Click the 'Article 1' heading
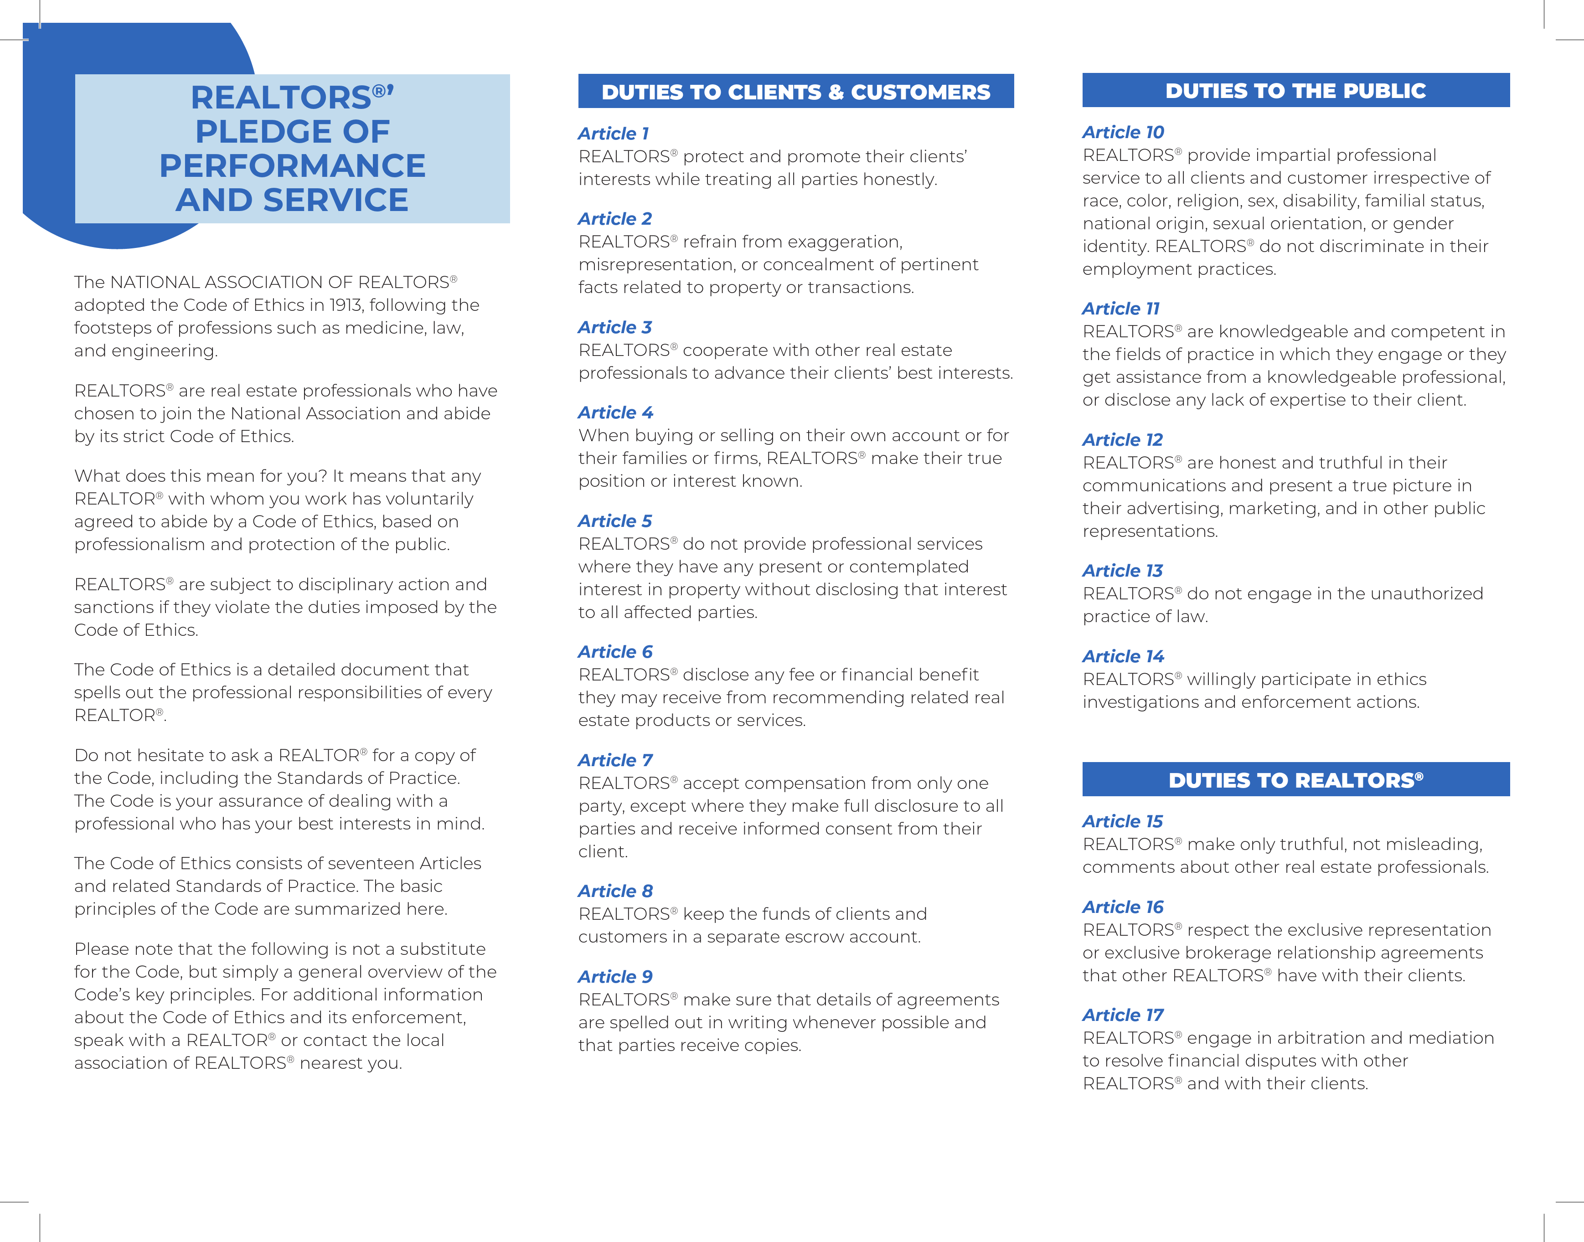click(613, 134)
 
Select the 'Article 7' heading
click(615, 761)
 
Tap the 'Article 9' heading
click(615, 977)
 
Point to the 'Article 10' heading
click(1123, 132)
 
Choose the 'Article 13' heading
click(1122, 571)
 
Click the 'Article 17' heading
click(1123, 1015)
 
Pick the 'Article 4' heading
click(615, 413)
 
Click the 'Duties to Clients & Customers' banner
click(795, 92)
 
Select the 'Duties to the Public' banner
click(1295, 90)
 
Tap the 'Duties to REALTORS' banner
click(1295, 780)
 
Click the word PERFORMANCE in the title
click(292, 166)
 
